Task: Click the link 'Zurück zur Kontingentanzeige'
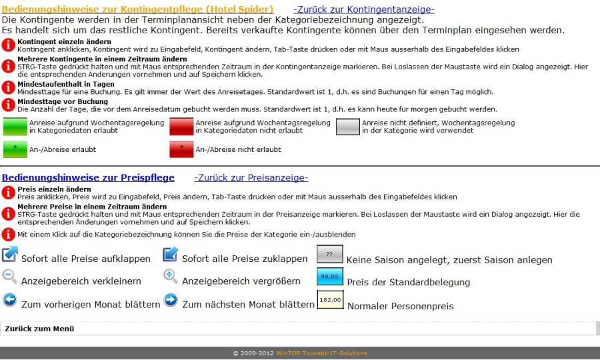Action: [x=364, y=9]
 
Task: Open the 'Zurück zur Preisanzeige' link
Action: [x=251, y=178]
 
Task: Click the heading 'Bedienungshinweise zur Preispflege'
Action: [x=88, y=178]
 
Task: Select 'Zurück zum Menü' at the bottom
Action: [x=39, y=329]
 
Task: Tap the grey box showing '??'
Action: [x=329, y=255]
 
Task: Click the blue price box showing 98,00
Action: [x=329, y=277]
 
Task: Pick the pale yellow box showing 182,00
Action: [x=330, y=301]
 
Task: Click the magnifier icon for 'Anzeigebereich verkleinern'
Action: [x=9, y=276]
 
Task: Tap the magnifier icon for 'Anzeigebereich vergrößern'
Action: [x=171, y=276]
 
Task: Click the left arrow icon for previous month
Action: [x=9, y=300]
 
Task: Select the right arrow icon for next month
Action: [x=171, y=300]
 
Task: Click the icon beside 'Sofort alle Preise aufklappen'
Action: [x=10, y=254]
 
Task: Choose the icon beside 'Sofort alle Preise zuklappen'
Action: [x=171, y=254]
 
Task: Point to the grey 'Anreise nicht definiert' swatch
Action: [x=347, y=127]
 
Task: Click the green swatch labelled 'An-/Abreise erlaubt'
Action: [x=15, y=149]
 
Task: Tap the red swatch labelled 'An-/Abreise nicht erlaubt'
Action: [x=181, y=149]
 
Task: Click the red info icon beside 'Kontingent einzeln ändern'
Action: [x=8, y=45]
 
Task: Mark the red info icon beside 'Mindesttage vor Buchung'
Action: [x=8, y=105]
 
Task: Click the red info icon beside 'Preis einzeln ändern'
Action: [x=8, y=193]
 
